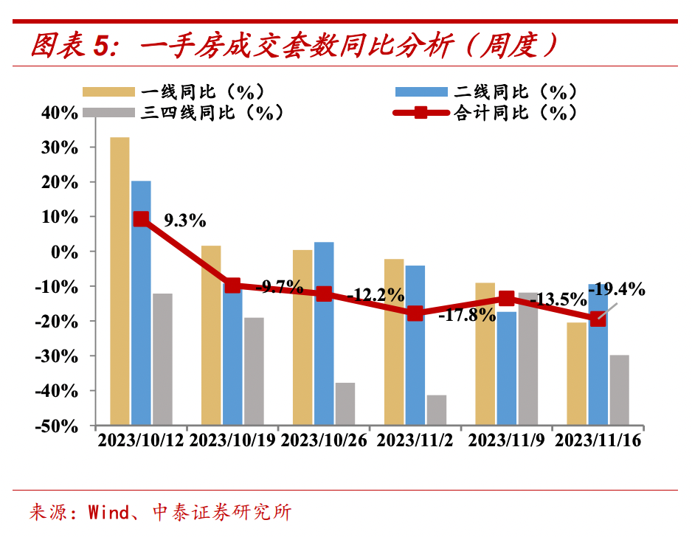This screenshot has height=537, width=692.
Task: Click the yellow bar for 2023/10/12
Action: pyautogui.click(x=120, y=280)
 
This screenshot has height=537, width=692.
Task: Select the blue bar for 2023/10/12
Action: pyautogui.click(x=141, y=302)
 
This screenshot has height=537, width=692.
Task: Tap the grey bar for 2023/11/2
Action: pyautogui.click(x=436, y=410)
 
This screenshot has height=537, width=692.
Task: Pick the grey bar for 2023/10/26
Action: pyautogui.click(x=345, y=403)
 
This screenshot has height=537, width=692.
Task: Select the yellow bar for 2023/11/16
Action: pyautogui.click(x=577, y=373)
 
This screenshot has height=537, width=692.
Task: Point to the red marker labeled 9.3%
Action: pyautogui.click(x=141, y=219)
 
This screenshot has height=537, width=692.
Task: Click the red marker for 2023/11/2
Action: pyautogui.click(x=415, y=313)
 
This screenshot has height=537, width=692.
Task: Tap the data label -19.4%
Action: pyautogui.click(x=617, y=288)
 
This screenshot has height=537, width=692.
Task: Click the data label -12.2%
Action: pyautogui.click(x=376, y=296)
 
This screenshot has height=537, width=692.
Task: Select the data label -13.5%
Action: pyautogui.click(x=558, y=300)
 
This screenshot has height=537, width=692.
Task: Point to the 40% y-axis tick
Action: pyautogui.click(x=60, y=112)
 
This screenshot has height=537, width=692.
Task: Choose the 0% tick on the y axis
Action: pyautogui.click(x=65, y=252)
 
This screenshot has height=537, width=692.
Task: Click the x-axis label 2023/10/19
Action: pyautogui.click(x=232, y=440)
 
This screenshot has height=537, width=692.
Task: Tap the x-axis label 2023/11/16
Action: pyautogui.click(x=598, y=440)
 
